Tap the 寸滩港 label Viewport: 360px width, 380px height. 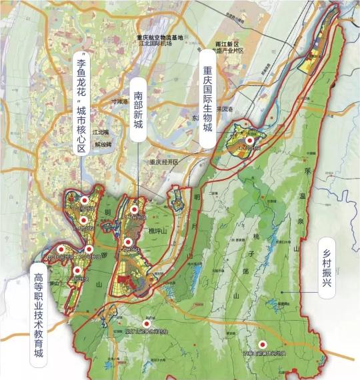(x=118, y=102)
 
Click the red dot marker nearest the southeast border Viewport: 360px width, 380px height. (x=262, y=344)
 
